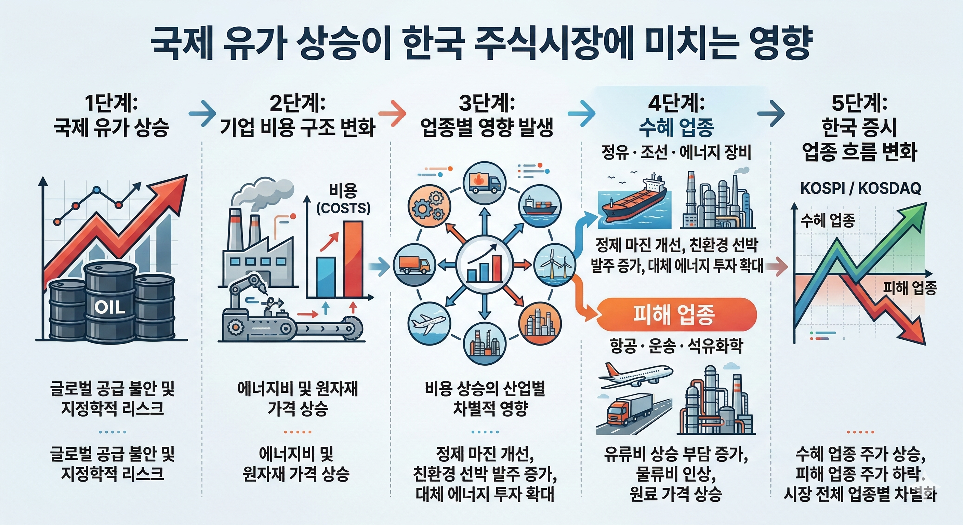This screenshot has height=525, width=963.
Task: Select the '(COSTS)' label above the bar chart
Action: point(343,208)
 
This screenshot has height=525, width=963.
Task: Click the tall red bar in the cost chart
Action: point(353,259)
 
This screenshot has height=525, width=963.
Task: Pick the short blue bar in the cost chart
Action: point(326,277)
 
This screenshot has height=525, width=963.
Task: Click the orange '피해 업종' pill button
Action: point(675,314)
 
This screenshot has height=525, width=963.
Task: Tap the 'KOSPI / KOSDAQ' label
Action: point(860,188)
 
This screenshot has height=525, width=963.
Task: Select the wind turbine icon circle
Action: point(554,265)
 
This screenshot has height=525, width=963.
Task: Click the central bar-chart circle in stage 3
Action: point(485,265)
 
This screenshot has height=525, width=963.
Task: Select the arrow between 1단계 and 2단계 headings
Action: point(202,112)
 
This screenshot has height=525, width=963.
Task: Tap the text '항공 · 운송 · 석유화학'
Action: point(676,346)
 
